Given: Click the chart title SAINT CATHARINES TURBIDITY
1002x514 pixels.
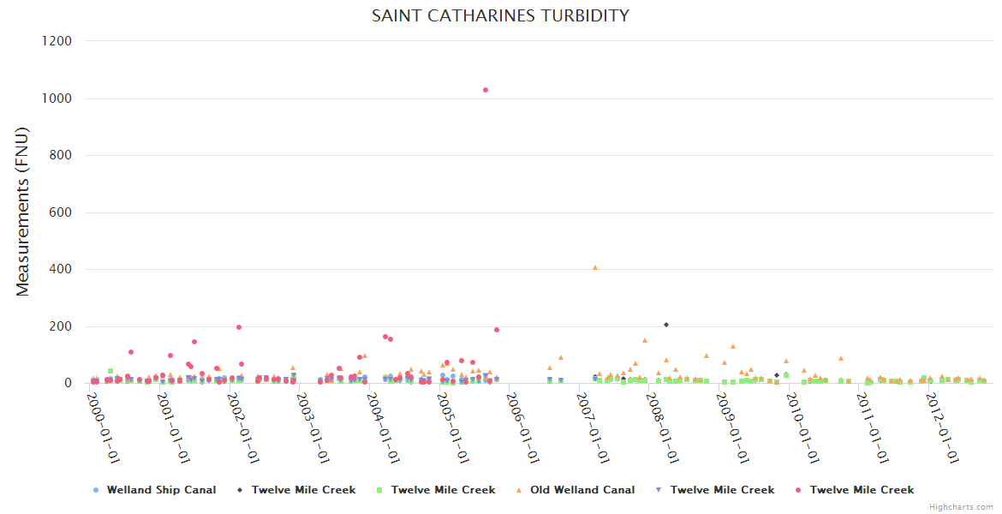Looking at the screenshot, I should click(x=500, y=15).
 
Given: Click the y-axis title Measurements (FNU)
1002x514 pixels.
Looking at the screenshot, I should click(x=23, y=212).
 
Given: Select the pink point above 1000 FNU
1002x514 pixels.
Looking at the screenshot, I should click(x=486, y=90).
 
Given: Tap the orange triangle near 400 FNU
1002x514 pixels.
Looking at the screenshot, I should click(x=595, y=267).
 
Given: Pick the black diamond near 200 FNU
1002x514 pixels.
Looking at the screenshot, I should click(x=666, y=325).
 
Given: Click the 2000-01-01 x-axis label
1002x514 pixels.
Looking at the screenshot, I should click(x=104, y=426).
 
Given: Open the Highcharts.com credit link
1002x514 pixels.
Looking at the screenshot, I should click(x=963, y=507).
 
